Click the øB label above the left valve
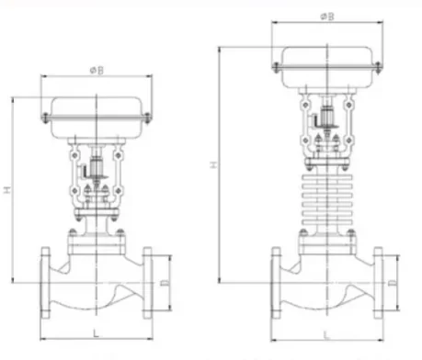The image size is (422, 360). pos(97,71)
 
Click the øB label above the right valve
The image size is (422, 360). pos(327,17)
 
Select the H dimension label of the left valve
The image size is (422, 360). pos(7,189)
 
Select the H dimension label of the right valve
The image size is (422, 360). pos(213,164)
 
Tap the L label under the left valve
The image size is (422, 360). pos(97,333)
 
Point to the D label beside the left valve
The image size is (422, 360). pos(165,283)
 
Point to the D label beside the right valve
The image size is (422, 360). pos(393,283)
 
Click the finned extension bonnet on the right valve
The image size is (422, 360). pos(327,199)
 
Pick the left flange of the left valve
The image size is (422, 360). pos(45,283)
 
